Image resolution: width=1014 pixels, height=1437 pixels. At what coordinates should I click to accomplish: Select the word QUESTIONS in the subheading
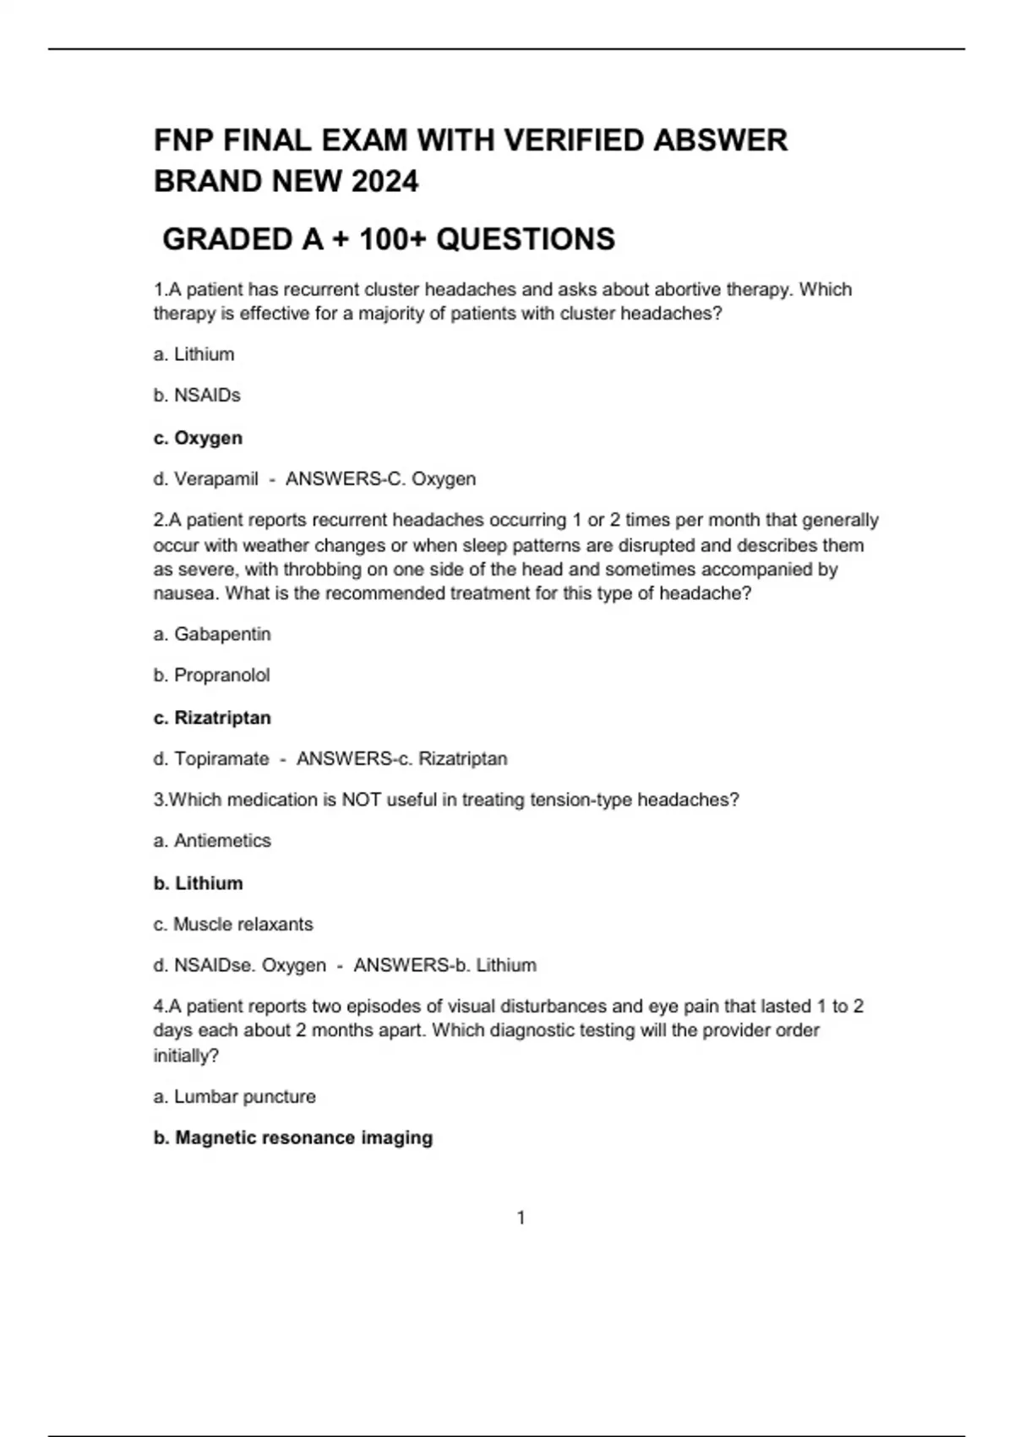[526, 239]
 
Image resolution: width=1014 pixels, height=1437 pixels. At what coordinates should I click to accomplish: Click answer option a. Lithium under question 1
[194, 354]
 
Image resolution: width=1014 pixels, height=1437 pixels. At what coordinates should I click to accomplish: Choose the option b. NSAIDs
[197, 396]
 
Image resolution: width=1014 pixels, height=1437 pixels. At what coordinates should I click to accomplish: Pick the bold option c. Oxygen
[198, 438]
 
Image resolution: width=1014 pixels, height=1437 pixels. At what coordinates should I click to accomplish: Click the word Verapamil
[216, 479]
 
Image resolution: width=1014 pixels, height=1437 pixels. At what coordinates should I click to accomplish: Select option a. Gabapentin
[212, 634]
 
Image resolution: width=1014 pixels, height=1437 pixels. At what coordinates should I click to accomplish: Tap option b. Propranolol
[211, 675]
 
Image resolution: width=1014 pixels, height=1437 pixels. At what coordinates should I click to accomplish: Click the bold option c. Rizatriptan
[212, 718]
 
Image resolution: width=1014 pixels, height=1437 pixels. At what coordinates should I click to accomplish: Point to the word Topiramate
[221, 759]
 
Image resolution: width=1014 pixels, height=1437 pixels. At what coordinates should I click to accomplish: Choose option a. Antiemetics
[212, 841]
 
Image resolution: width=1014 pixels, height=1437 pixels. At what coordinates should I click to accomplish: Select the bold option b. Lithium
[198, 883]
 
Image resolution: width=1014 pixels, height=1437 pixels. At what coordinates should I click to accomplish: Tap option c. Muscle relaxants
[233, 925]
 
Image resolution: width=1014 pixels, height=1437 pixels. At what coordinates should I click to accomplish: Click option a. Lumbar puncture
[234, 1097]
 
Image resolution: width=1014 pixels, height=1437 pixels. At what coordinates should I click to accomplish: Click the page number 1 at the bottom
[521, 1218]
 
